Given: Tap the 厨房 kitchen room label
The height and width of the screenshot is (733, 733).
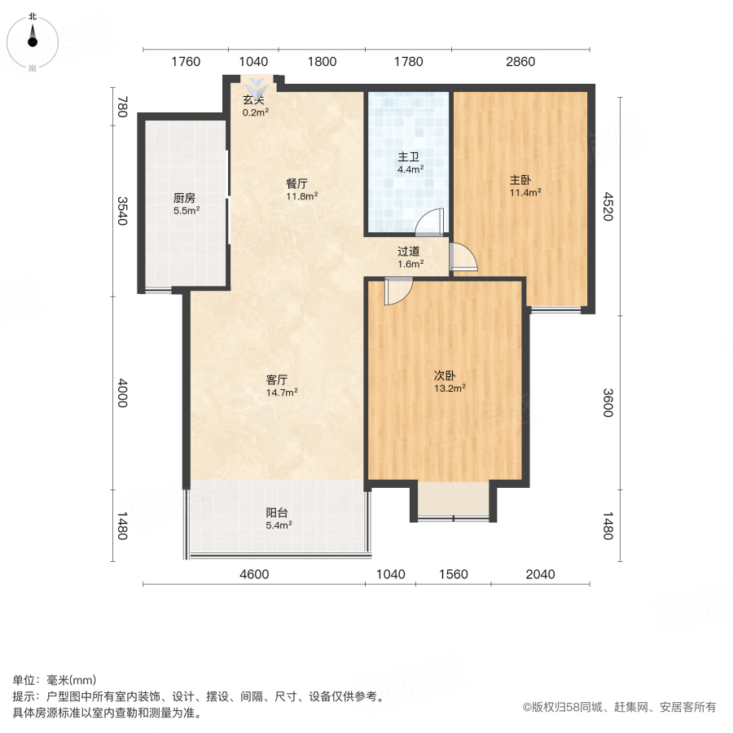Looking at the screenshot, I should (184, 198).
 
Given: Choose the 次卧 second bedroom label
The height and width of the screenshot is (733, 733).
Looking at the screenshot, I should (444, 376).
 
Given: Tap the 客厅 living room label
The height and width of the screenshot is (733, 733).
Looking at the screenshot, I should (278, 380).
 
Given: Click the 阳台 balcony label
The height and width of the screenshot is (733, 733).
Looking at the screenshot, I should (277, 512).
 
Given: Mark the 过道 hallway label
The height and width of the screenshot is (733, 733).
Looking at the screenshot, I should (409, 252).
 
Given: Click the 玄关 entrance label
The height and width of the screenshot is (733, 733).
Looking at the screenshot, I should (253, 100).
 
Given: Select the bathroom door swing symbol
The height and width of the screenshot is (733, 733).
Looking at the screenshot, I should (429, 223).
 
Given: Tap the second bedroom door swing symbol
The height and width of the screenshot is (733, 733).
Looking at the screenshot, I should (398, 291).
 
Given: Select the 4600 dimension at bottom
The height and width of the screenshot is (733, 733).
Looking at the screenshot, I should (253, 574).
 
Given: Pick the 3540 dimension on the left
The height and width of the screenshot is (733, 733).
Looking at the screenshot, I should (122, 211).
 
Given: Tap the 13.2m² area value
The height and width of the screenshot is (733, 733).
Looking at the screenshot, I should (449, 388).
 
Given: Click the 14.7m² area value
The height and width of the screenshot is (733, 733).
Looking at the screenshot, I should (282, 392).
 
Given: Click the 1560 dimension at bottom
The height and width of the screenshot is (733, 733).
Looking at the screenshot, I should (453, 574).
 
